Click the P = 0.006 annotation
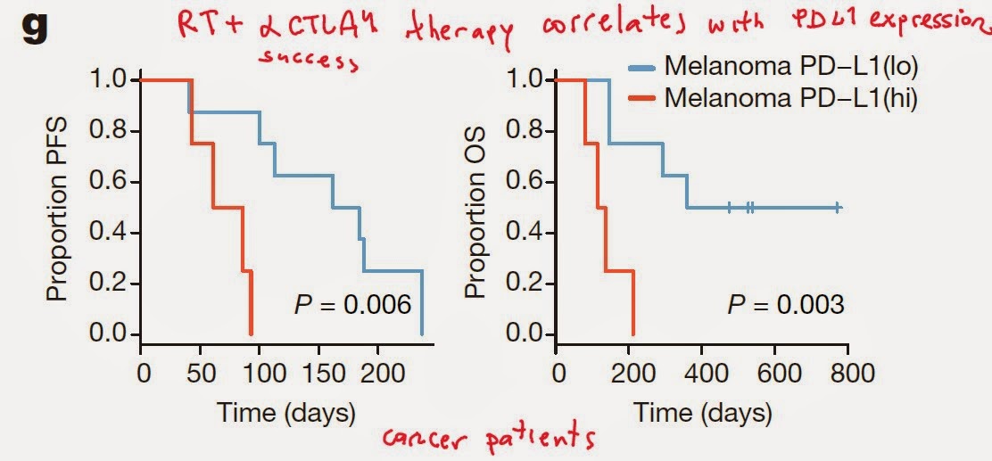[353, 305]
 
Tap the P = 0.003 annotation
[786, 305]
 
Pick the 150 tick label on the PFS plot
[318, 373]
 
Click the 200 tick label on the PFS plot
[378, 373]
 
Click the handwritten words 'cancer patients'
[489, 438]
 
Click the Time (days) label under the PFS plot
[285, 413]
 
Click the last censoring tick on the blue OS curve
[838, 208]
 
